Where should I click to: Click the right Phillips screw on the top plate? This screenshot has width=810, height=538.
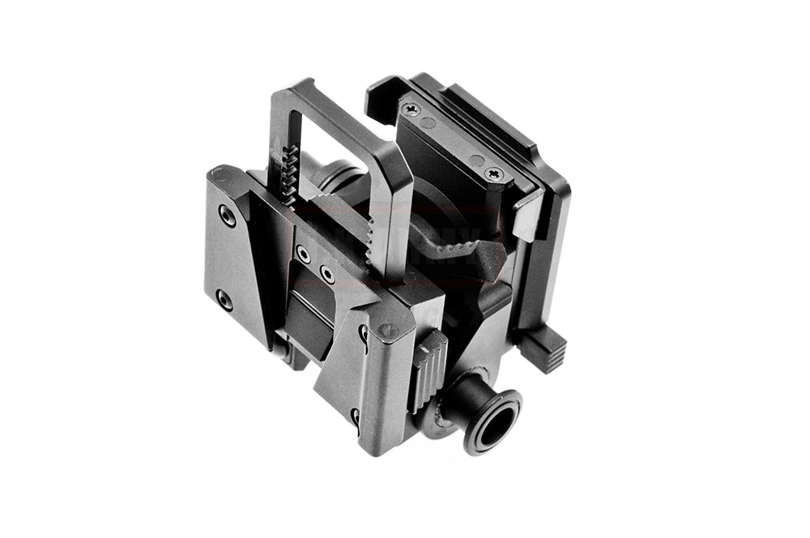coord(492,173)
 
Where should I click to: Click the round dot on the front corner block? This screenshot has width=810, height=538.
coord(388,330)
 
